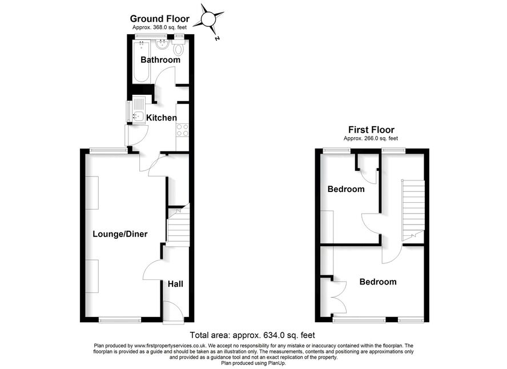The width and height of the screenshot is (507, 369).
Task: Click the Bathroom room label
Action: pyautogui.click(x=160, y=60)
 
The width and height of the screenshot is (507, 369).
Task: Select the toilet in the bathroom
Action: pyautogui.click(x=178, y=47)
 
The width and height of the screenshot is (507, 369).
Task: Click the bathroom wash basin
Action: pyautogui.click(x=162, y=45)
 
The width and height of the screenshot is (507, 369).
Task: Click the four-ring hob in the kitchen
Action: pyautogui.click(x=182, y=130)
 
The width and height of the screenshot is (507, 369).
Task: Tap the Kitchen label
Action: pyautogui.click(x=162, y=118)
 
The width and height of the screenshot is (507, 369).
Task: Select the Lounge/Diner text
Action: pyautogui.click(x=120, y=234)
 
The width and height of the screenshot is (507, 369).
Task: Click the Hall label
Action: pyautogui.click(x=175, y=284)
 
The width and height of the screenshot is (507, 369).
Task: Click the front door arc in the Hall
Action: pyautogui.click(x=174, y=312)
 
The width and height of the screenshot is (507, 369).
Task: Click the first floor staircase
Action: pyautogui.click(x=413, y=210)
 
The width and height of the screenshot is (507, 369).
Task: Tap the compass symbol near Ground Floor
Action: pyautogui.click(x=208, y=19)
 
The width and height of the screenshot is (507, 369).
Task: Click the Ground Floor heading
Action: pyautogui.click(x=160, y=18)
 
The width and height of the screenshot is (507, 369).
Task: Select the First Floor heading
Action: pyautogui.click(x=371, y=130)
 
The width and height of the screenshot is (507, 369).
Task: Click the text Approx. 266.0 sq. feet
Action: pyautogui.click(x=371, y=138)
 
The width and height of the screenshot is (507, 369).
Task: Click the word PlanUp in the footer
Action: pyautogui.click(x=276, y=363)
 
